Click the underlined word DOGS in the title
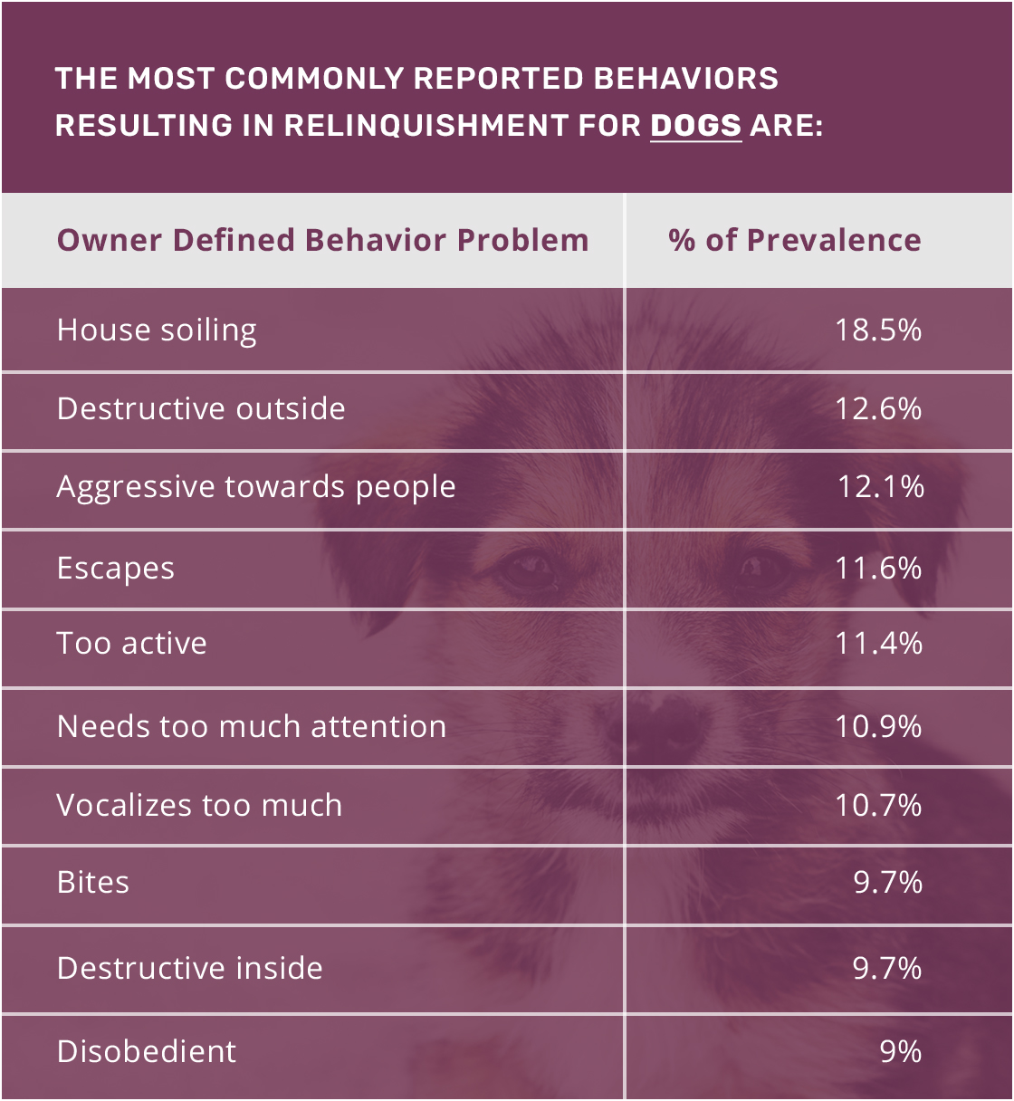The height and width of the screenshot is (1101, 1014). click(x=695, y=125)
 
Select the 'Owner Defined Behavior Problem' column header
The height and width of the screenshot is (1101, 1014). click(x=322, y=241)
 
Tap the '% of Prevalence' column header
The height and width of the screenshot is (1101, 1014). click(x=795, y=241)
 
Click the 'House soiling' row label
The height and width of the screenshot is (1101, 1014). click(x=157, y=330)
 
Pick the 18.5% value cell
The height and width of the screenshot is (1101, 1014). click(x=878, y=330)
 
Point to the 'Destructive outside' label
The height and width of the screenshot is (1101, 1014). click(x=201, y=409)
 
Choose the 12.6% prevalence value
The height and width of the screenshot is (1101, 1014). click(x=878, y=409)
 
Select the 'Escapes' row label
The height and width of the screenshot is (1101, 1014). click(x=116, y=569)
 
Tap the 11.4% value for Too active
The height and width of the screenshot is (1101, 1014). click(x=878, y=644)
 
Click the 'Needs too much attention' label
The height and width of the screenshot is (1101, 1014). click(x=252, y=727)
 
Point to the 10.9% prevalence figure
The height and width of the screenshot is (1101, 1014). click(x=878, y=727)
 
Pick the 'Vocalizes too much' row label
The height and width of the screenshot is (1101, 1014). click(x=199, y=806)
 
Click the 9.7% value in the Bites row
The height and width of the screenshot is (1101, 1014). click(x=887, y=883)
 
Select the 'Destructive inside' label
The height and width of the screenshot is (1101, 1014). click(x=190, y=969)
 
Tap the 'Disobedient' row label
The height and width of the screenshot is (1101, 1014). click(x=147, y=1052)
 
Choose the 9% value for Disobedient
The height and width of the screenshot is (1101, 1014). click(x=900, y=1052)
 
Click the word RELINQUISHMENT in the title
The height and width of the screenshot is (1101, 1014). click(x=426, y=125)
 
